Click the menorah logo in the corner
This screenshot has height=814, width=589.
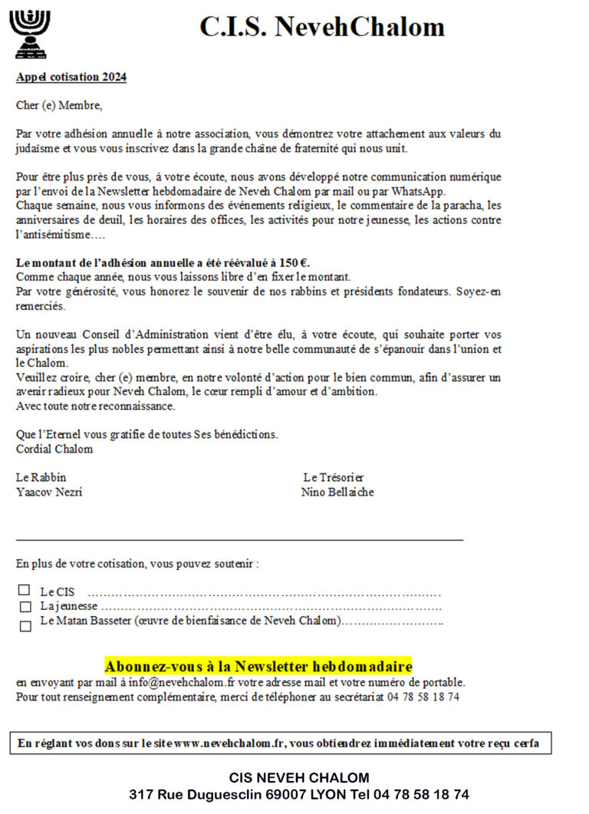(x=28, y=35)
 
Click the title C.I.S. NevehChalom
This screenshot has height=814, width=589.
(x=322, y=27)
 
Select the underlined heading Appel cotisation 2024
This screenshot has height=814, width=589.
(x=71, y=77)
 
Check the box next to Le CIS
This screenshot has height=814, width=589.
(x=25, y=591)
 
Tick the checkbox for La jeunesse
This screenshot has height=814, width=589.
(x=25, y=607)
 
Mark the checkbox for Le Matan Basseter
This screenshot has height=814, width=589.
(x=25, y=625)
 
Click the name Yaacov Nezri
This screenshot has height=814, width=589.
(x=49, y=493)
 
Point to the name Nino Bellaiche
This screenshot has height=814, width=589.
(x=337, y=493)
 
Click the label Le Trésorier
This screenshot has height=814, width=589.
(x=334, y=477)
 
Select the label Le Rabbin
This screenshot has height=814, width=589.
(x=41, y=477)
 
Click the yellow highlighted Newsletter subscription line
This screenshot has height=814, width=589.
(x=258, y=666)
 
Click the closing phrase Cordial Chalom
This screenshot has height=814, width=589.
(x=54, y=449)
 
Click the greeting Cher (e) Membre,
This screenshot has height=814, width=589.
(x=59, y=105)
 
